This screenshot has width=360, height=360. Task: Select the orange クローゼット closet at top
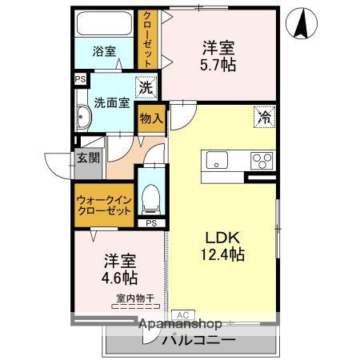tap(148, 38)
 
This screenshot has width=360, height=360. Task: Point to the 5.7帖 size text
tap(218, 65)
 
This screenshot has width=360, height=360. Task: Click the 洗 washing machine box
tap(146, 86)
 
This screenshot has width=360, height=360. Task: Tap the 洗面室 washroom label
tap(110, 102)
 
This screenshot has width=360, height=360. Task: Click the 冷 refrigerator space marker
tap(264, 118)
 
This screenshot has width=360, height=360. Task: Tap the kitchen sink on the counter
tap(218, 160)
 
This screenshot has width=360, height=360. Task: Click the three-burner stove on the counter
tap(262, 160)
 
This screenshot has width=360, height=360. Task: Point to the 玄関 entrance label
tap(88, 158)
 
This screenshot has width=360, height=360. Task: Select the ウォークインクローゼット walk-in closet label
tap(104, 204)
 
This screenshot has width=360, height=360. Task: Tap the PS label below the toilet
tap(150, 223)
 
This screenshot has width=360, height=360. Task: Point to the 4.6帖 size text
tap(118, 278)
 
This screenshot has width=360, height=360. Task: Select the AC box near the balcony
tap(182, 314)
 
